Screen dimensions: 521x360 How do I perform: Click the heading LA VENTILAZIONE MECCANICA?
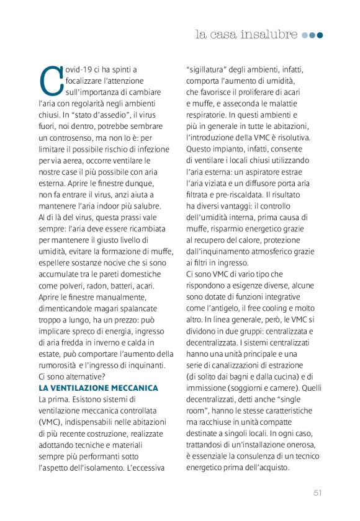99,388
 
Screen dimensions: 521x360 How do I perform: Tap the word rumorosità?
58,365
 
